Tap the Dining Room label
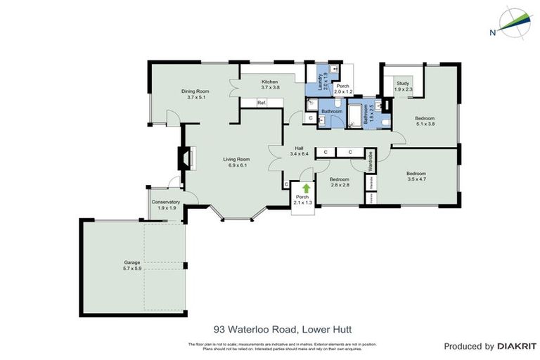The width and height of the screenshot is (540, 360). click(195, 94)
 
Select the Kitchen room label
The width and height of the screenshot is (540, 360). click(271, 84)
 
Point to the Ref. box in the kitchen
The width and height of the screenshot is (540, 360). click(261, 103)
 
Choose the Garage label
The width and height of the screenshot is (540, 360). click(132, 266)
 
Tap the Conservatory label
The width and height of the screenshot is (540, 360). click(166, 205)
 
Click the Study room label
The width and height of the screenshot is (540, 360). click(403, 86)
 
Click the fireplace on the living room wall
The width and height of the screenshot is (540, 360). click(186, 159)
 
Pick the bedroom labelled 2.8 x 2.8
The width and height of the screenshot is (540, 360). click(340, 182)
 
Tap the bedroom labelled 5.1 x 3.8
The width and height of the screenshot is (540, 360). click(425, 120)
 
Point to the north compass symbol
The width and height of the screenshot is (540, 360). click(515, 22)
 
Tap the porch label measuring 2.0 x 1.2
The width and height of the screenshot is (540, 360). click(342, 89)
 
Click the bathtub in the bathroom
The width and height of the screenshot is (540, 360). click(353, 115)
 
